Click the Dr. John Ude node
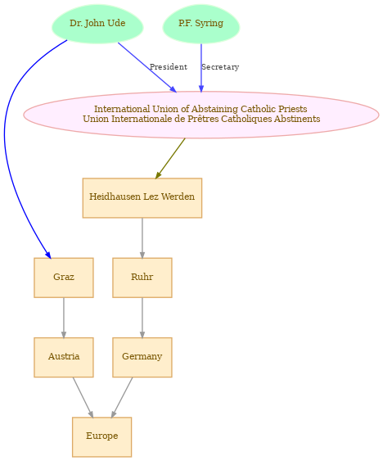coord(97,24)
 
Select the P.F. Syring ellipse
coord(201,24)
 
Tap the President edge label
coord(169,67)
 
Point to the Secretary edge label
coord(220,67)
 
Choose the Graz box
coord(64,278)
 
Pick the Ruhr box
coord(142,278)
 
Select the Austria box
coord(64,357)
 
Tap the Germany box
coord(142,357)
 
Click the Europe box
coord(102,437)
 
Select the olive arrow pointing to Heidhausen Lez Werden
coord(170,158)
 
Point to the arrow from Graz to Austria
coord(64,318)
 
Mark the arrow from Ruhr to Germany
coord(142,318)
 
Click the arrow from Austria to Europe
coord(83,397)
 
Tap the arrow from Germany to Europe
coord(122,397)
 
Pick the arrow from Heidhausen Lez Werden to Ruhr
coord(142,237)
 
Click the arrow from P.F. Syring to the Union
coord(201,68)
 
